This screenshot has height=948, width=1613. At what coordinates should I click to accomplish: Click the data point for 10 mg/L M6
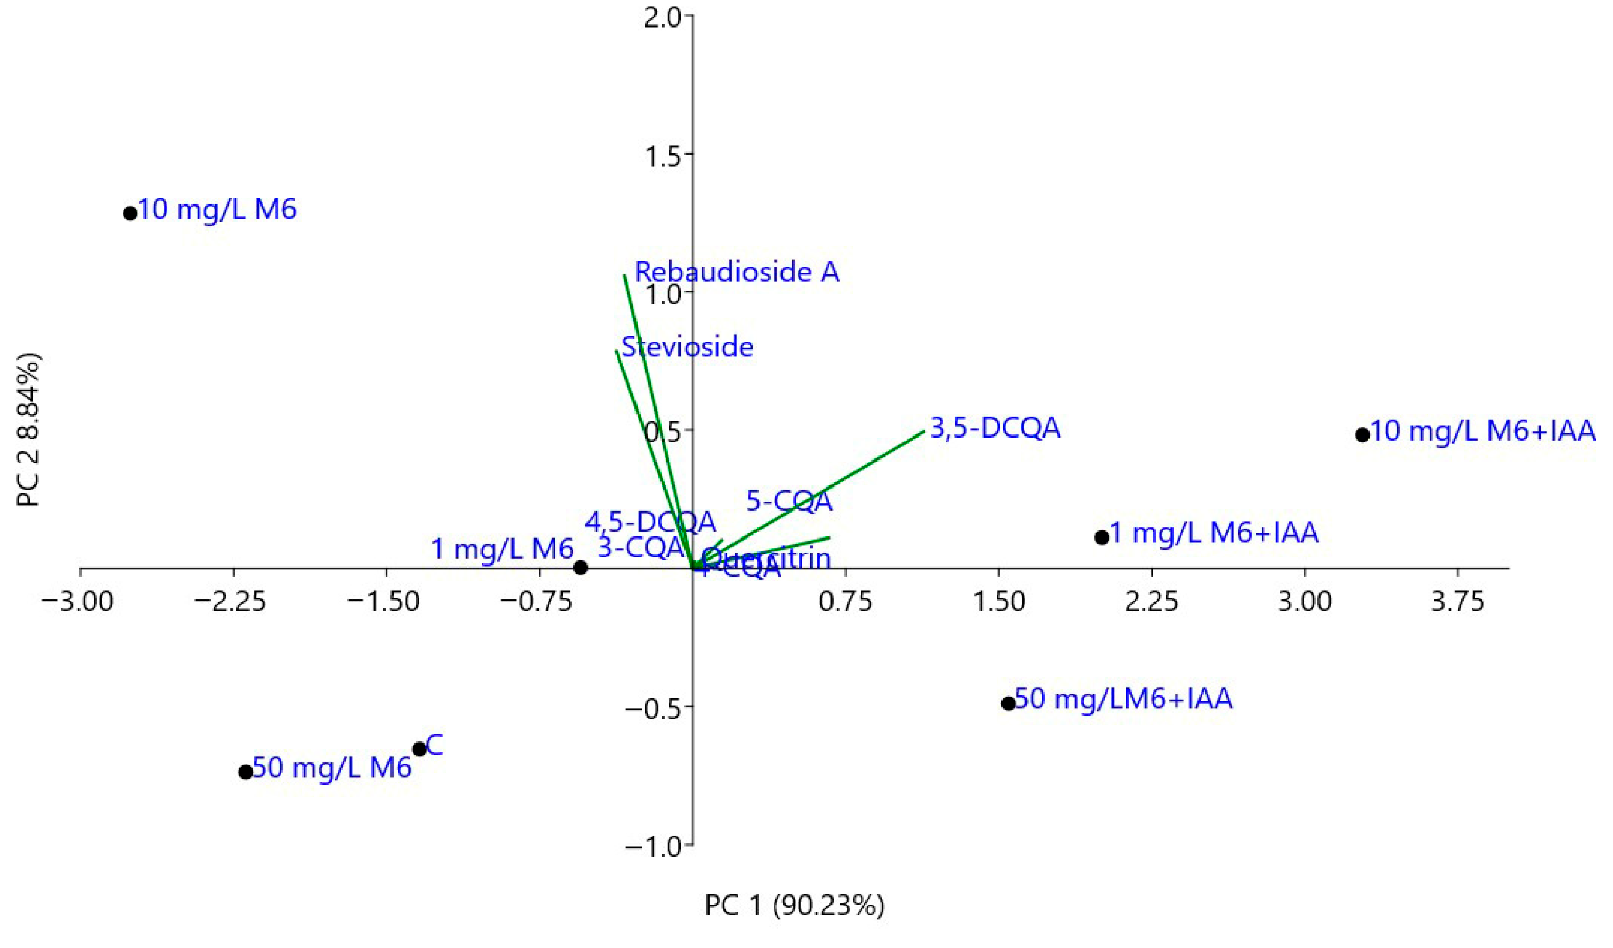coord(130,213)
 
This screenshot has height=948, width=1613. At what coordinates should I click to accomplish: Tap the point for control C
coord(419,749)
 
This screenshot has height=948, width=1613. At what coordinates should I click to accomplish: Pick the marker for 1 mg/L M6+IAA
coord(1102,537)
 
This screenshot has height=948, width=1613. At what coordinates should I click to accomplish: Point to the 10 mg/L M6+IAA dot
coord(1362,435)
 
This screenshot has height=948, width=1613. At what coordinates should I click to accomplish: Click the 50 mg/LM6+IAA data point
coord(1008,704)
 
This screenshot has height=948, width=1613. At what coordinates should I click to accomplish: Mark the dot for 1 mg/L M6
coord(580,568)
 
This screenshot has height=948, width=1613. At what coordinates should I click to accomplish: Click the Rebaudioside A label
coord(736,272)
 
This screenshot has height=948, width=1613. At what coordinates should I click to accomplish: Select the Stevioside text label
coord(688,347)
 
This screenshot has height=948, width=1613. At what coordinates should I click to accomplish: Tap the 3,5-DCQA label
coord(995,428)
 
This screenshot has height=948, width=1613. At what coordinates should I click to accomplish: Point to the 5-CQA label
coord(789,501)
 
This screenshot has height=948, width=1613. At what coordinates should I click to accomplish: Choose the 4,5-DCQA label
coord(650,523)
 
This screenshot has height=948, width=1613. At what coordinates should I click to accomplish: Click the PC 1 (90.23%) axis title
coord(794,906)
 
